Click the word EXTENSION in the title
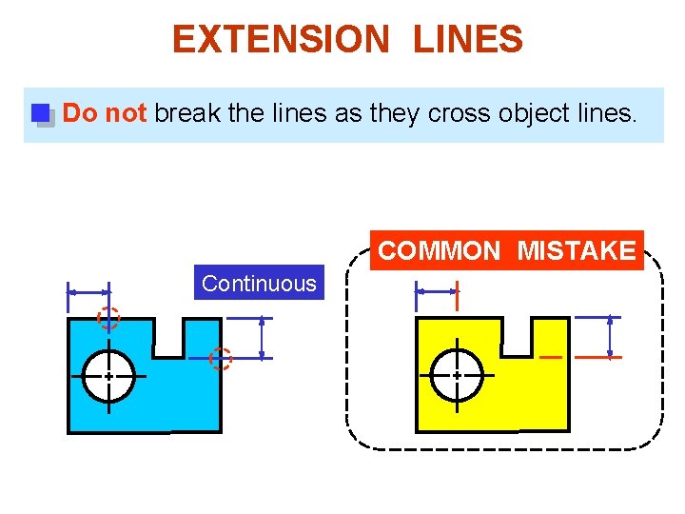tap(281, 40)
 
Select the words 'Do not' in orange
tap(105, 113)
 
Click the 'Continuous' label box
tap(259, 283)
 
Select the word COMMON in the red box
tap(439, 251)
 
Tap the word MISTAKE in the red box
tap(577, 251)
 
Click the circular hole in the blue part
tap(108, 377)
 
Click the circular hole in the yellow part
tap(457, 377)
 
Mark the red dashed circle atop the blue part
tap(109, 319)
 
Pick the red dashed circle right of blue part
tap(221, 358)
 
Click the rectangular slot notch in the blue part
tap(169, 337)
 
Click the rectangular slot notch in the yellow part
tap(518, 337)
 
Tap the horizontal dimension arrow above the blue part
tap(88, 292)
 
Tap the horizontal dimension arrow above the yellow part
tap(437, 292)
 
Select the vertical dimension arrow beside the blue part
tap(262, 337)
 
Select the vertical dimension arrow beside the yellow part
tap(610, 337)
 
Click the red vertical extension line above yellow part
tap(458, 295)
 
